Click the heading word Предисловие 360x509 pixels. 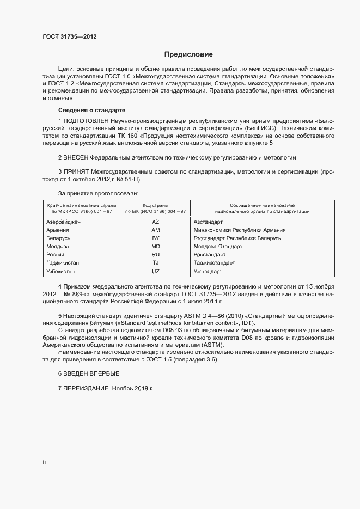188,54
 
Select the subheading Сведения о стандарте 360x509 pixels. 85,110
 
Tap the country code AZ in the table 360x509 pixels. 155,222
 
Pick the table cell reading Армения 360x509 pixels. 58,230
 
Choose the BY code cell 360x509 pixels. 155,238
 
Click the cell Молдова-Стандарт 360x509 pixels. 217,247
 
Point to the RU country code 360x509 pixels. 155,255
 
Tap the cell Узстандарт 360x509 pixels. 208,271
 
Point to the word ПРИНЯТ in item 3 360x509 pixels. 76,172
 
